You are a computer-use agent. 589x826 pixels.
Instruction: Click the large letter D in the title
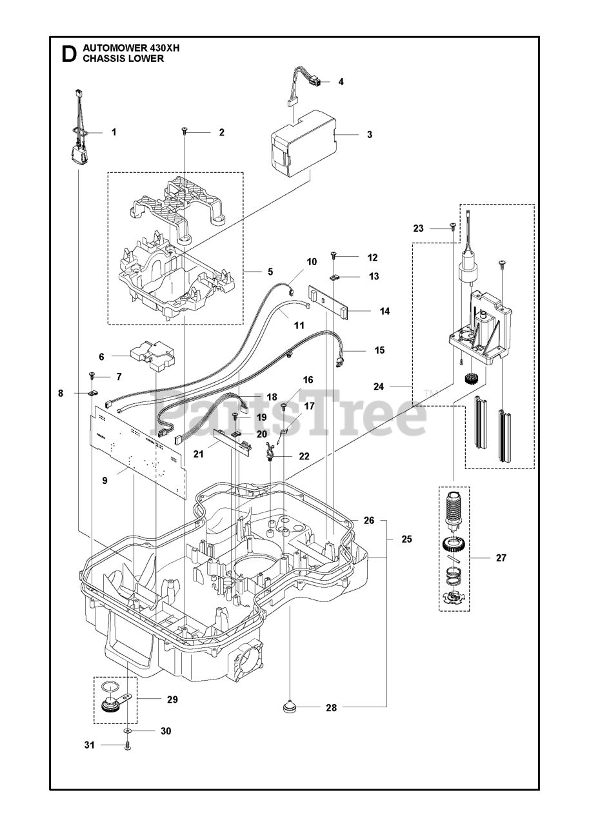click(68, 54)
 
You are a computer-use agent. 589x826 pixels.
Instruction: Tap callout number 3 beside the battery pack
click(370, 135)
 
